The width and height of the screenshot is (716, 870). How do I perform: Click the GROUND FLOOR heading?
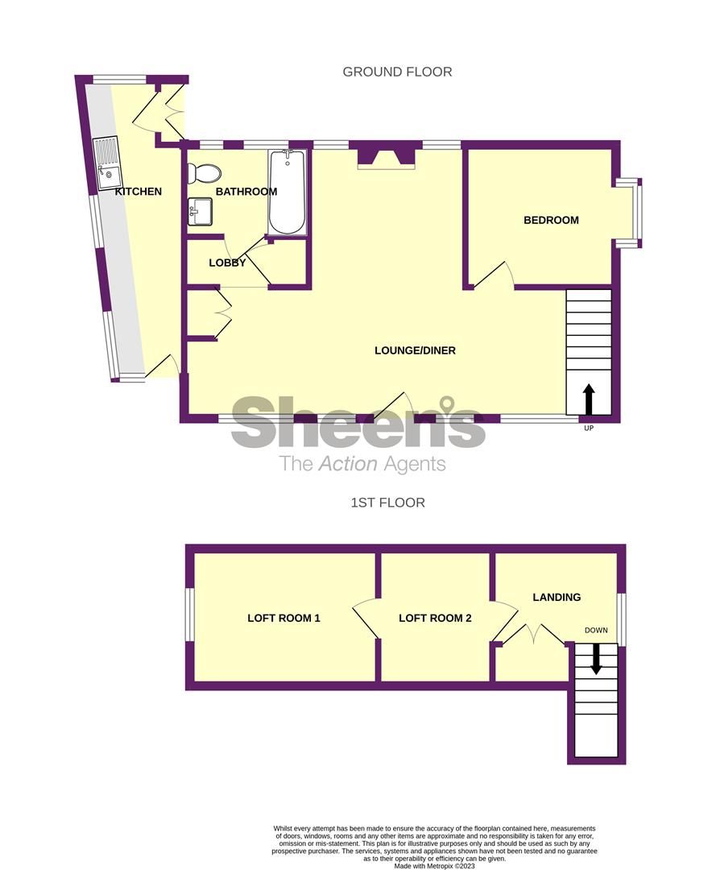pyautogui.click(x=397, y=72)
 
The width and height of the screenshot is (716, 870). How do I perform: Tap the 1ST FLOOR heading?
pyautogui.click(x=387, y=503)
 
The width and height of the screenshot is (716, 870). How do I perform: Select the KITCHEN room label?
pyautogui.click(x=139, y=192)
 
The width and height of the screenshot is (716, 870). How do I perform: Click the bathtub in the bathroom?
pyautogui.click(x=288, y=193)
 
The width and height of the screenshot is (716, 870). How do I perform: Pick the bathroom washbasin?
pyautogui.click(x=200, y=213)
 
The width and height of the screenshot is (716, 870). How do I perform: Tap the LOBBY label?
pyautogui.click(x=227, y=263)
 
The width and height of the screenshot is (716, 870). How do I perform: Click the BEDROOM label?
pyautogui.click(x=551, y=220)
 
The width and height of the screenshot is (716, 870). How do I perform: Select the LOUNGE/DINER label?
pyautogui.click(x=415, y=350)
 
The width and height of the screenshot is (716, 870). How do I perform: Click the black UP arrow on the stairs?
pyautogui.click(x=589, y=399)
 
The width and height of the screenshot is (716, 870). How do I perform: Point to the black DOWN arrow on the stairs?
pyautogui.click(x=596, y=658)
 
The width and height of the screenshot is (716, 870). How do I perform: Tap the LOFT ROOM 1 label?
pyautogui.click(x=284, y=619)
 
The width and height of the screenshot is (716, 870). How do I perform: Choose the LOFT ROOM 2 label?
pyautogui.click(x=435, y=619)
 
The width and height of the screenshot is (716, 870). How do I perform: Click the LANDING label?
pyautogui.click(x=557, y=597)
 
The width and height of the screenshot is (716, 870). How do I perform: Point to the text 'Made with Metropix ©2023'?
pyautogui.click(x=434, y=866)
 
